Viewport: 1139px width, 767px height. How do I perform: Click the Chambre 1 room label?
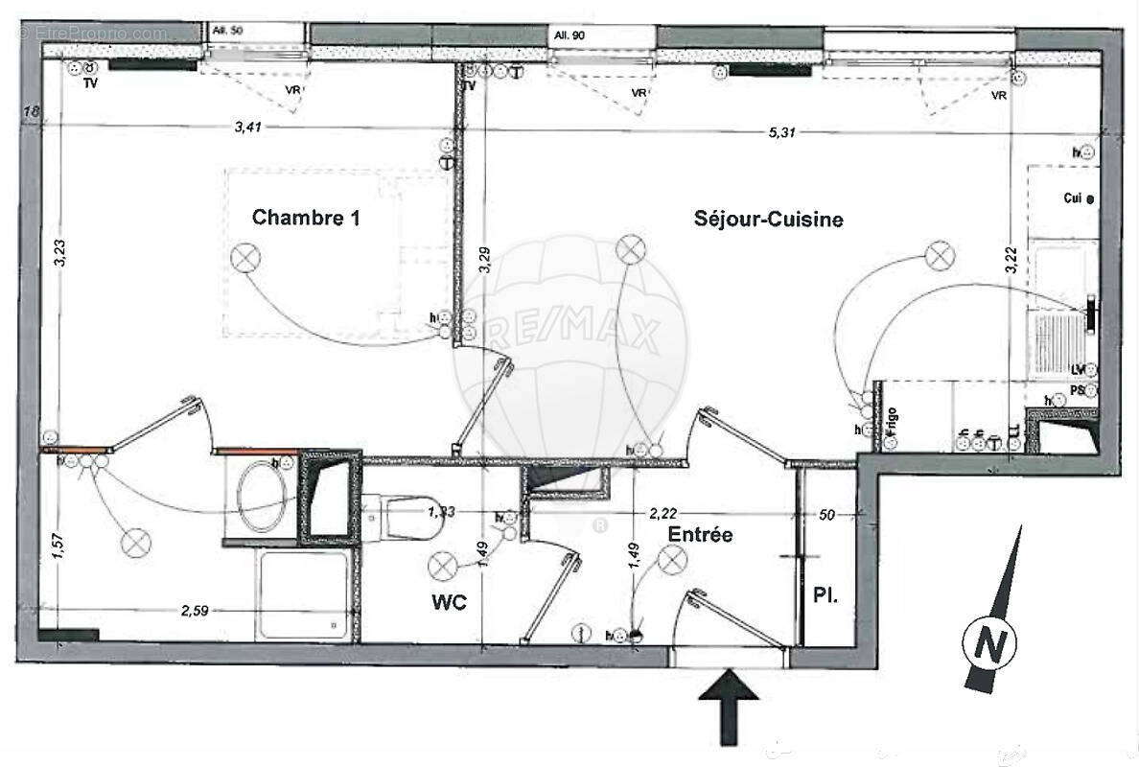pos(306,218)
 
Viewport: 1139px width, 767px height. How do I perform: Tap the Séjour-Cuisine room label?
pos(768,220)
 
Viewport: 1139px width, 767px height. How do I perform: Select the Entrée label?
pos(700,534)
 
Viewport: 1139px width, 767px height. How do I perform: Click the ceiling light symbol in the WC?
pos(442,567)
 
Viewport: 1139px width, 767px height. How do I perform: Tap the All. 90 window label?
pos(569,35)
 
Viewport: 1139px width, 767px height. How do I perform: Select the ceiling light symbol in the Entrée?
pos(671,557)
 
